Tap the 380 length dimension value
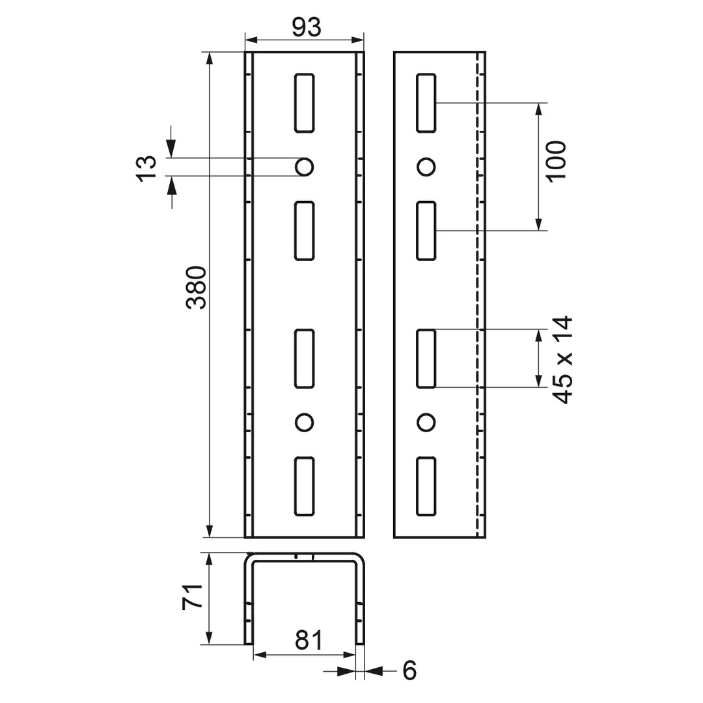point(197,288)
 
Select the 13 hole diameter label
point(146,168)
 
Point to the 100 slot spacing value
point(557,161)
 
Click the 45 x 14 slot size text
point(562,359)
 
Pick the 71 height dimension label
point(192,596)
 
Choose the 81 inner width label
point(309,640)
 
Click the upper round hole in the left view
point(305,167)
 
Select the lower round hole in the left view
point(305,422)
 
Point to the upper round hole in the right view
point(426,167)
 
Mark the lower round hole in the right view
point(426,422)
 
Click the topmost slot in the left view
point(305,103)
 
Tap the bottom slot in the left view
point(305,486)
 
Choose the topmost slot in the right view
point(426,103)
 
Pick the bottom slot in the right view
point(426,486)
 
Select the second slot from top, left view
point(305,231)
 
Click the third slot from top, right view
point(426,359)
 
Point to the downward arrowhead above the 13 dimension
point(171,148)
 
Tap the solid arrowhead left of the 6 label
point(346,671)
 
